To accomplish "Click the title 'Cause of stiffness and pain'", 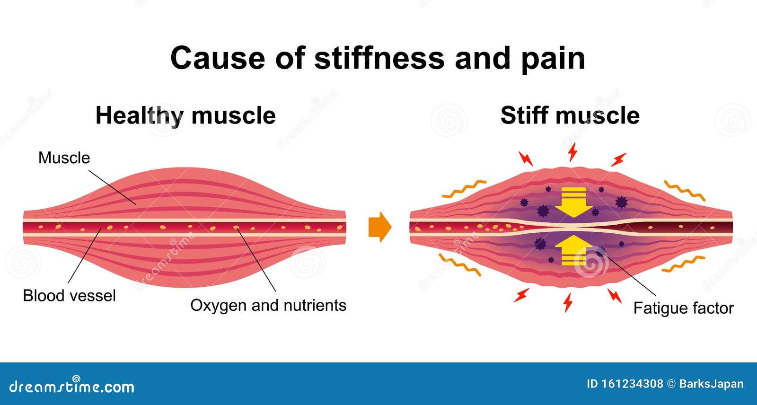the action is [378, 58].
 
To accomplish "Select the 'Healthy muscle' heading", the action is [185, 116].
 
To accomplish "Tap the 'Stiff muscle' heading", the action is [570, 115].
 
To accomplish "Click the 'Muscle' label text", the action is [64, 158].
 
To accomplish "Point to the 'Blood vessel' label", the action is [69, 295].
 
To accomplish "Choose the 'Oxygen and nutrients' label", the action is [268, 305].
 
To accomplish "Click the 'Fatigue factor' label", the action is [683, 308].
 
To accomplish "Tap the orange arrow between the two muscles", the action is [380, 227].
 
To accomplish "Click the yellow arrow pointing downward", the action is [573, 202].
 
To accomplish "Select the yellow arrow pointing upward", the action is [573, 250].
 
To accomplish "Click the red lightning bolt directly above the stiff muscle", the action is [572, 152].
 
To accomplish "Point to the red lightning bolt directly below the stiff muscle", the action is [568, 302].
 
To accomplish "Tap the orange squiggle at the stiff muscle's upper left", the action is [464, 189].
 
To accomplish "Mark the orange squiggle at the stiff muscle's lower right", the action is [683, 264].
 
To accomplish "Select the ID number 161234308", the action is [625, 384].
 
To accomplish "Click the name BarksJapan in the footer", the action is [711, 384].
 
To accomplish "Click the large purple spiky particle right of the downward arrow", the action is [621, 202].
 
